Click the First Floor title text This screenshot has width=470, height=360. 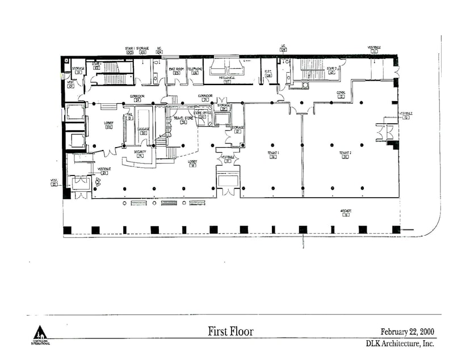tap(230, 331)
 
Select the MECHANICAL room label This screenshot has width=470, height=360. tap(226, 78)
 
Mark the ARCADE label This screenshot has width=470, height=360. tap(346, 211)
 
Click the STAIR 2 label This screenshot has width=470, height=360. tap(332, 68)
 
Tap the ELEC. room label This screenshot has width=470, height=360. tap(268, 71)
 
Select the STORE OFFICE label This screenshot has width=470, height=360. tap(202, 113)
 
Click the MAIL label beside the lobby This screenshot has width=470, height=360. tap(129, 114)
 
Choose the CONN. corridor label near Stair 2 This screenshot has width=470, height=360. tap(341, 93)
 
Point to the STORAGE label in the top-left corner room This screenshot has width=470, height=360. tap(78, 68)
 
